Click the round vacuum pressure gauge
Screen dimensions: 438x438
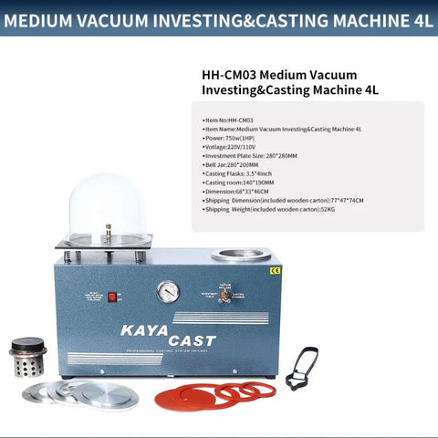click(x=167, y=291)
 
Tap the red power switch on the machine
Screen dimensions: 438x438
click(x=113, y=297)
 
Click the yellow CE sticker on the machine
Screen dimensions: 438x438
click(x=275, y=270)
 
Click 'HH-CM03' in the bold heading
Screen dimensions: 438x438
click(x=226, y=75)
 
